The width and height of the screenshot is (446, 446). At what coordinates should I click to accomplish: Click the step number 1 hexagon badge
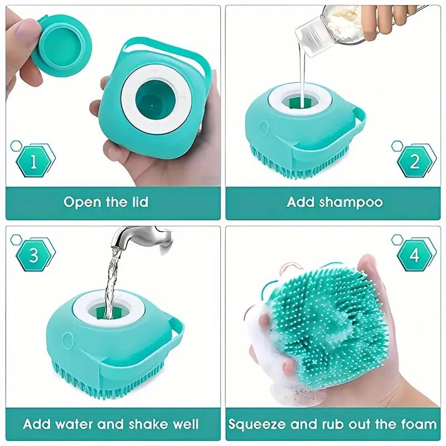click(33, 162)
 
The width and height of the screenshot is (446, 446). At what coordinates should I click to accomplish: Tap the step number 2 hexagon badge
click(414, 162)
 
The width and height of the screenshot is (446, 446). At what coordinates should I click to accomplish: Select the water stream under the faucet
click(112, 279)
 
